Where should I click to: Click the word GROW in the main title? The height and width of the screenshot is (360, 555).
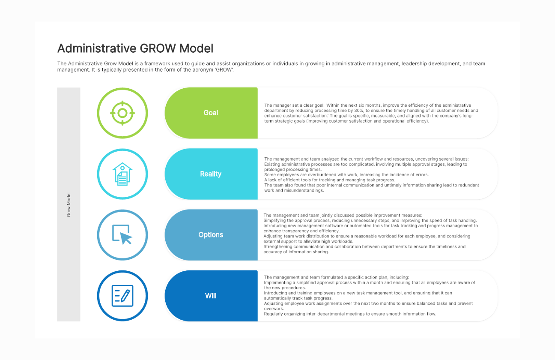tap(158, 48)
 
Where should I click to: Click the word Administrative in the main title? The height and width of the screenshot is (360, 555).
tap(97, 48)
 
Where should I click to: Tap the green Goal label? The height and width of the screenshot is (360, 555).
tap(211, 113)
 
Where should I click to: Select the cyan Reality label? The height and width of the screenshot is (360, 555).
tap(211, 174)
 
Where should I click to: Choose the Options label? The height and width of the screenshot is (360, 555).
tap(211, 235)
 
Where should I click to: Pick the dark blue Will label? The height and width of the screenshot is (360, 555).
tap(211, 296)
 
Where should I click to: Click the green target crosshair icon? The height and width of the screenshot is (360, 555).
tap(122, 113)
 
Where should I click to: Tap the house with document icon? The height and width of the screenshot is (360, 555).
tap(122, 174)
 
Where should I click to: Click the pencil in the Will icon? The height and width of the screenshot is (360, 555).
tap(125, 296)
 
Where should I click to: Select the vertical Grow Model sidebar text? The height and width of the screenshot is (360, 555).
tap(69, 205)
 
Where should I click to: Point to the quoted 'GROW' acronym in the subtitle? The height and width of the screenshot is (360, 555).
tap(224, 70)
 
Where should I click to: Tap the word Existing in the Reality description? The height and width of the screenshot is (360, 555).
tap(272, 165)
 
